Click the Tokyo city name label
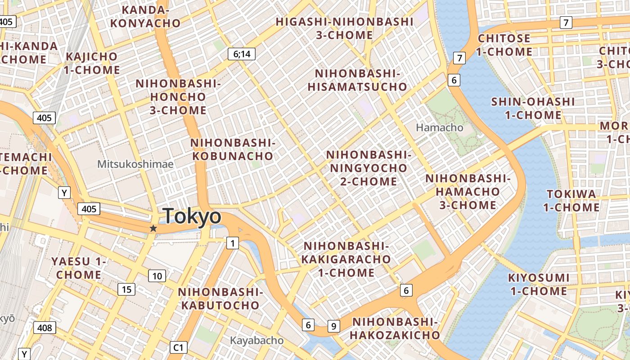click(x=192, y=216)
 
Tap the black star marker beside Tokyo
click(x=153, y=229)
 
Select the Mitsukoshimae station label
click(x=135, y=164)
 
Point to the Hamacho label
click(x=439, y=128)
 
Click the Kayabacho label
click(x=257, y=341)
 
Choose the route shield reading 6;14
click(x=241, y=54)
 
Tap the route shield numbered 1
click(x=232, y=243)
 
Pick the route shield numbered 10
click(x=157, y=276)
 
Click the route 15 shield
click(x=126, y=289)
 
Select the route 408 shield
click(x=45, y=328)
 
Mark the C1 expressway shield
click(x=179, y=347)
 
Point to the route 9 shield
click(x=333, y=326)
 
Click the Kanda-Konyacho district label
click(x=145, y=17)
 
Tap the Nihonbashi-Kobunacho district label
click(x=232, y=149)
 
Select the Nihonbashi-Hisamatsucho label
click(x=357, y=80)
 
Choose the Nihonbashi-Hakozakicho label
click(x=395, y=328)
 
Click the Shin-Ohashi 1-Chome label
click(x=533, y=108)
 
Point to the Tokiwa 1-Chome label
click(x=571, y=201)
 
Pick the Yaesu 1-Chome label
click(x=79, y=268)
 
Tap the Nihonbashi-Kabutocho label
click(x=220, y=298)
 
